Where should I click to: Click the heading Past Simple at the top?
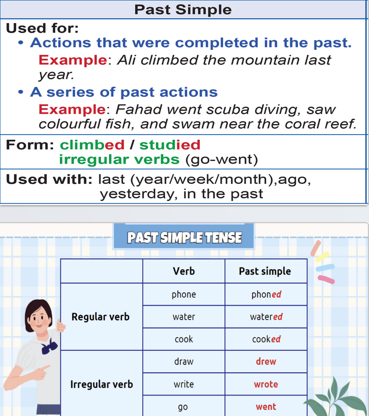point(183,10)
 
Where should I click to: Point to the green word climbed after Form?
point(92,145)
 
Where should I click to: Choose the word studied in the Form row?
point(170,145)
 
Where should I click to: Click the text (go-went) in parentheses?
point(220,160)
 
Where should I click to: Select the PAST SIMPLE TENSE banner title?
point(184,238)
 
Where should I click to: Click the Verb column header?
point(184,271)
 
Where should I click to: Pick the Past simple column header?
point(265,271)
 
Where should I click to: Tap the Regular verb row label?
point(101,317)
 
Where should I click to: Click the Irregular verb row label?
point(101,384)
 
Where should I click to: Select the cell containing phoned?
point(266,294)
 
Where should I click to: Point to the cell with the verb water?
point(184,317)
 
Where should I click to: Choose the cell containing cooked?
point(266,339)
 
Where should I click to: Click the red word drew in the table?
point(266,362)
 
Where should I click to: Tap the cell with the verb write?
point(184,384)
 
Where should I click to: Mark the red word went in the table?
point(266,407)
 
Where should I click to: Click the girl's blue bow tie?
point(49,347)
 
